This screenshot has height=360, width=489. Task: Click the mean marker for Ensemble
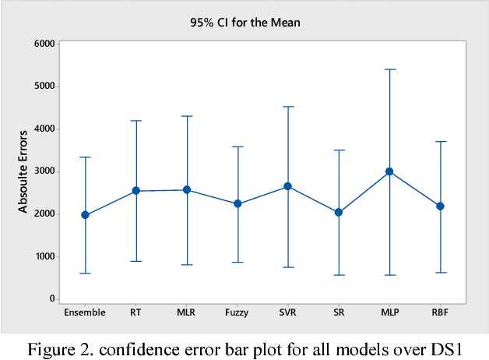(x=85, y=215)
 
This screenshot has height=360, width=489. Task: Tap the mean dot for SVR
(x=287, y=186)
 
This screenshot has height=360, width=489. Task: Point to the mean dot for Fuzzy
(x=237, y=203)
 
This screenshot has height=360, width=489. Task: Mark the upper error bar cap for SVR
(x=287, y=107)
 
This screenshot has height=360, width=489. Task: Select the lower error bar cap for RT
(x=136, y=261)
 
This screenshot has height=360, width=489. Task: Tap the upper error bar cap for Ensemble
(x=85, y=157)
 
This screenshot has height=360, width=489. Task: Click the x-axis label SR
(x=339, y=312)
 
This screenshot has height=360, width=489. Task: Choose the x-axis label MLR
(x=187, y=312)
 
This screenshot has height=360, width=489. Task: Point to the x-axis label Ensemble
(x=85, y=312)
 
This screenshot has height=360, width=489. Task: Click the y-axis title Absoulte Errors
(x=24, y=171)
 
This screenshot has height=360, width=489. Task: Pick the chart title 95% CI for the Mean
(x=244, y=23)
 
